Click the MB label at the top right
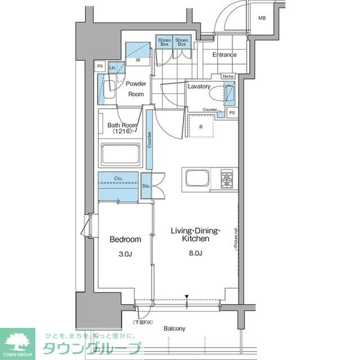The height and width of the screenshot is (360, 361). [262, 19]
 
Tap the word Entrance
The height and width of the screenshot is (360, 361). [224, 55]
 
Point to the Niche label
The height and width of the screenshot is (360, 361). [228, 76]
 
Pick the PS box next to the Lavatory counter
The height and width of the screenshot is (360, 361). [232, 113]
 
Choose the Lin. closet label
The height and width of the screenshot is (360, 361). [113, 68]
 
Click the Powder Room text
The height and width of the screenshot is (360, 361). [136, 89]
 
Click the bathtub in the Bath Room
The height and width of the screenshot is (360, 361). [120, 154]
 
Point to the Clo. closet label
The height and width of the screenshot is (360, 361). [118, 180]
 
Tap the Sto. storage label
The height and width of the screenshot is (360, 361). [146, 185]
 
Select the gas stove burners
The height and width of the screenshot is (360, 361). [227, 179]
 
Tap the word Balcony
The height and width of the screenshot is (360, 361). [174, 328]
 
